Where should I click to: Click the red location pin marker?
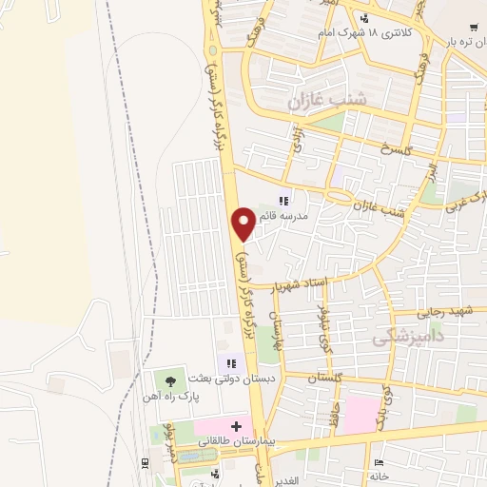pos(243,224)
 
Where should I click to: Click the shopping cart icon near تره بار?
pos(474,27)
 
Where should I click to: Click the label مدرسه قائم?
pos(307,216)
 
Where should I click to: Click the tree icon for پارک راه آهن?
pos(171,380)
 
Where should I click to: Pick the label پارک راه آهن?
pos(171,398)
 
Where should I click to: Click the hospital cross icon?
pos(237,424)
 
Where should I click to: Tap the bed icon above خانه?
pos(380,461)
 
